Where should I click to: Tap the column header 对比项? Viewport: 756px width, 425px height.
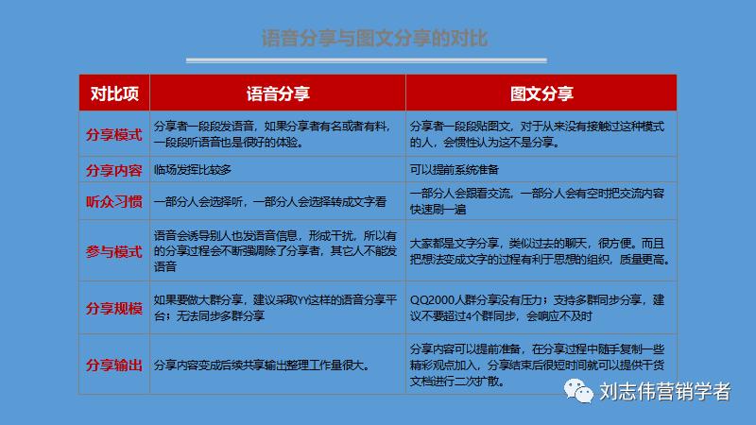tap(114, 93)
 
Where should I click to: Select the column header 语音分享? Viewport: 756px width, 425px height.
tap(279, 93)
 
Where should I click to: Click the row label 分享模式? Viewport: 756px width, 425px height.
tap(114, 135)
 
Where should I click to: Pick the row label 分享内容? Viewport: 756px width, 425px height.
tap(114, 170)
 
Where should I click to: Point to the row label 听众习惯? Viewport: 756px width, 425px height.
tap(114, 201)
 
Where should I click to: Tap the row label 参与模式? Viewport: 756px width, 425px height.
tap(114, 251)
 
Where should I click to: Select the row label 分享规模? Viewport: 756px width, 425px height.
tap(114, 308)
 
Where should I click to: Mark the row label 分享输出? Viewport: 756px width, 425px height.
tap(114, 365)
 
